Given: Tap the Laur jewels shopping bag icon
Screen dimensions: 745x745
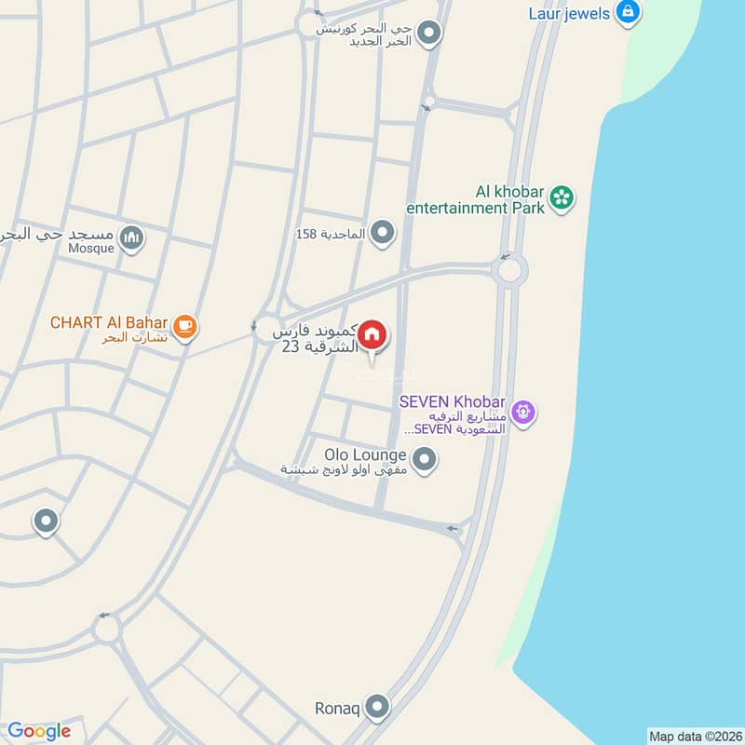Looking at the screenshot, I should [x=629, y=13].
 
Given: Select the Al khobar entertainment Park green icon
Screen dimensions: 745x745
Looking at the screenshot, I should [x=561, y=196].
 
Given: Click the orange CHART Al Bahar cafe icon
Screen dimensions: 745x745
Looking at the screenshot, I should [x=185, y=325].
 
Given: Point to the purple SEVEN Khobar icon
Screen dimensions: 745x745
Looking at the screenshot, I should [x=524, y=411].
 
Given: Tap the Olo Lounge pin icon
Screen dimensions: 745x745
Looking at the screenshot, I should [x=425, y=459].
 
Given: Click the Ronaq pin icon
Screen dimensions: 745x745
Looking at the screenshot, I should [x=377, y=707].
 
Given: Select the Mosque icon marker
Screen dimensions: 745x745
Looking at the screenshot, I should [x=133, y=239].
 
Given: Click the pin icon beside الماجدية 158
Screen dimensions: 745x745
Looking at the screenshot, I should [x=382, y=232].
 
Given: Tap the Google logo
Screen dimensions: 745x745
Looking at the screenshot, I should [x=39, y=731].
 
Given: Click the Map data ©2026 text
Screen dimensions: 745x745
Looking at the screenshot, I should [x=694, y=737].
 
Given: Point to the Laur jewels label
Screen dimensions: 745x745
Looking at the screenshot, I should [x=568, y=13].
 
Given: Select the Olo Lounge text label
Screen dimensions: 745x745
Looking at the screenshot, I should [x=365, y=455].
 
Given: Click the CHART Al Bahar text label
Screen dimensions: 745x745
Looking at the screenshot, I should [x=109, y=323].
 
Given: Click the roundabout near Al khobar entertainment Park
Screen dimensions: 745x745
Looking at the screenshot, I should [x=509, y=271].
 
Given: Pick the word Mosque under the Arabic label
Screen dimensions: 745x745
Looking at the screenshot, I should [x=91, y=249].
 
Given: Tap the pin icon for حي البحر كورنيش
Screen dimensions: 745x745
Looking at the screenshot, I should [x=428, y=34].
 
